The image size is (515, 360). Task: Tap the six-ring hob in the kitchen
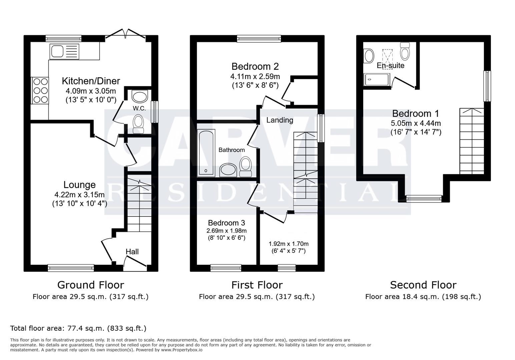(40, 90)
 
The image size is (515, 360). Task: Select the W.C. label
(138, 108)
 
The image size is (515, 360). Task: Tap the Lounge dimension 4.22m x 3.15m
(79, 194)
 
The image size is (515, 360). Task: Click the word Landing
(280, 120)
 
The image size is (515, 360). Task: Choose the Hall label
(132, 252)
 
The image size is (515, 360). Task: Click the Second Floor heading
(423, 285)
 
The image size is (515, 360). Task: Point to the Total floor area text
(78, 328)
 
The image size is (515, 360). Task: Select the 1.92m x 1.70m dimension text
(289, 244)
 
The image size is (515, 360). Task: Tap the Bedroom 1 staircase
(472, 141)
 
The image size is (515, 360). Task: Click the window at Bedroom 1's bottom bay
(424, 199)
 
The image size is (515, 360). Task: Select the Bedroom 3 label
(226, 223)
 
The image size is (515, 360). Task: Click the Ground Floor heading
(90, 285)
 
